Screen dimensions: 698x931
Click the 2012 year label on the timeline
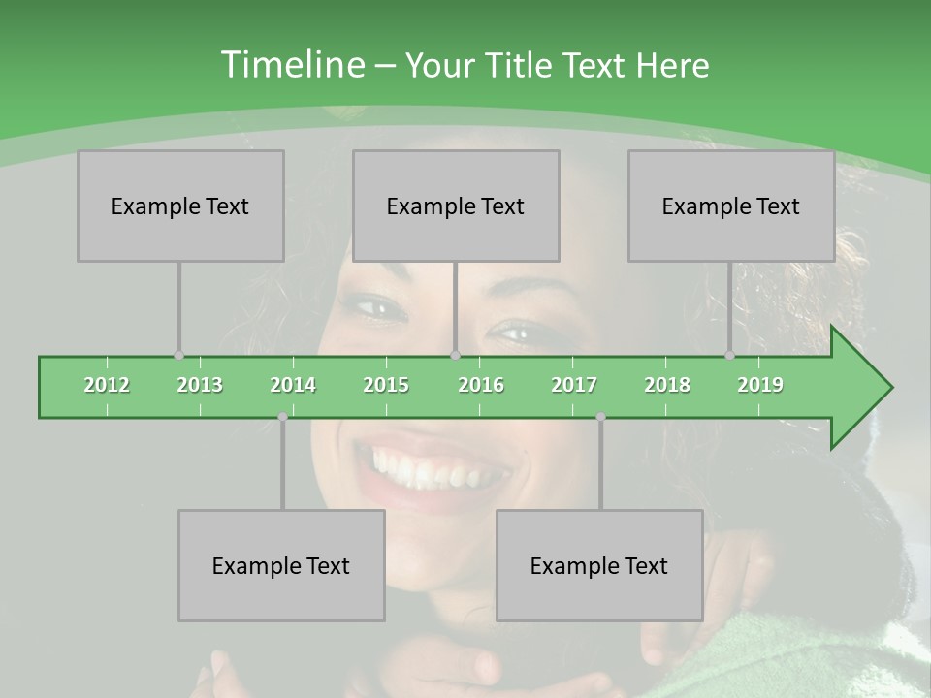(x=107, y=385)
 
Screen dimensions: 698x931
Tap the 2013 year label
(x=200, y=385)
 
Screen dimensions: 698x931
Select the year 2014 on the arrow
(x=293, y=385)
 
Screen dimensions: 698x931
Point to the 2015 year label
(x=386, y=385)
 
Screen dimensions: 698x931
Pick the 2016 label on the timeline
(x=481, y=385)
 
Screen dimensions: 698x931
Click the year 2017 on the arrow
(x=574, y=385)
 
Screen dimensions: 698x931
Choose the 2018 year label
(x=667, y=385)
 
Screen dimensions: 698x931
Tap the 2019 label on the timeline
(x=760, y=385)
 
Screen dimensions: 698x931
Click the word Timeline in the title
(x=291, y=65)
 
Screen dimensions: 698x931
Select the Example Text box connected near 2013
(x=180, y=206)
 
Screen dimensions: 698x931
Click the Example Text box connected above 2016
(x=456, y=206)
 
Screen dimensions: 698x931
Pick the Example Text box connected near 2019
(x=731, y=206)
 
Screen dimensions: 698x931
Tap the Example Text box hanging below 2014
(x=281, y=565)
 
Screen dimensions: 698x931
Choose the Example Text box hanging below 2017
(x=599, y=565)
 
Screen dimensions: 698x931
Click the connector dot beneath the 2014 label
(x=282, y=417)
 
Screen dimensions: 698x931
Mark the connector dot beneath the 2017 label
(x=600, y=417)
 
